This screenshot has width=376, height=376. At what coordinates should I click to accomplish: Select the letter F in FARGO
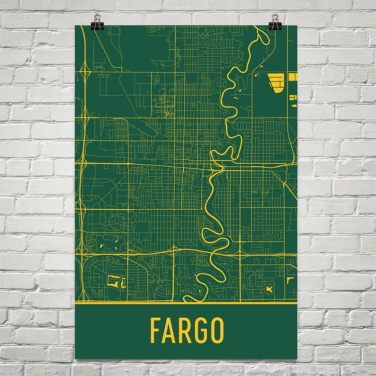(156, 331)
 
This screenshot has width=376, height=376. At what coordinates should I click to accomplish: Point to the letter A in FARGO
(170, 331)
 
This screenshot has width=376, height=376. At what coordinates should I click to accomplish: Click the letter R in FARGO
(185, 331)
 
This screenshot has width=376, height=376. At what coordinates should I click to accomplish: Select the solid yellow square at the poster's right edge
(293, 76)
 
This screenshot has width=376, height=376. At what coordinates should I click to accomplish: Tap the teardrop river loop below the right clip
(260, 38)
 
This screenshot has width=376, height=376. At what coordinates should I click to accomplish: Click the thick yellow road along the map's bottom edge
(189, 301)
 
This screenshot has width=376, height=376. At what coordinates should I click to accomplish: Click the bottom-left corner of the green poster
(76, 358)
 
